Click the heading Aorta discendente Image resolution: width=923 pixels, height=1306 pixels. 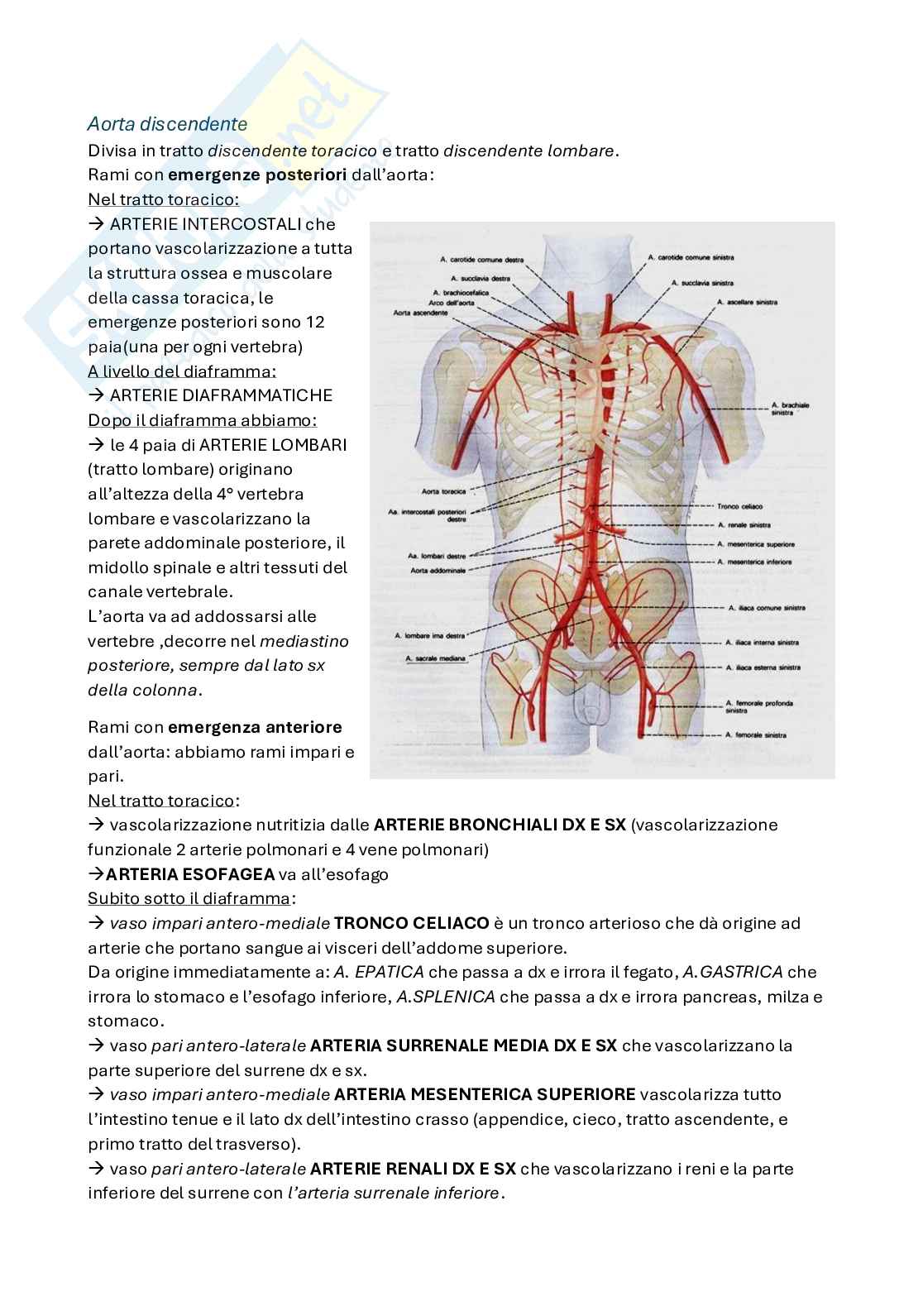(167, 124)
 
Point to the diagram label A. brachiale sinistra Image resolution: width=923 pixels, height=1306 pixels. (790, 409)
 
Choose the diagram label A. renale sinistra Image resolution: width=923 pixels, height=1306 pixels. (744, 525)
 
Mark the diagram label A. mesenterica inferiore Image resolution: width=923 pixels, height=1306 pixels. (753, 562)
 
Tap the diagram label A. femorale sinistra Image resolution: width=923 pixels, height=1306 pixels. (755, 734)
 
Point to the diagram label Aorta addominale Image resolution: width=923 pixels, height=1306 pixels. (438, 571)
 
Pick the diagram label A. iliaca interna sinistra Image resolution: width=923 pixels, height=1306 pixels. (762, 642)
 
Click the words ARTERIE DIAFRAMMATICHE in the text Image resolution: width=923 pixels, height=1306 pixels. (221, 395)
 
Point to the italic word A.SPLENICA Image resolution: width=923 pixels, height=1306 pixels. (446, 997)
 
